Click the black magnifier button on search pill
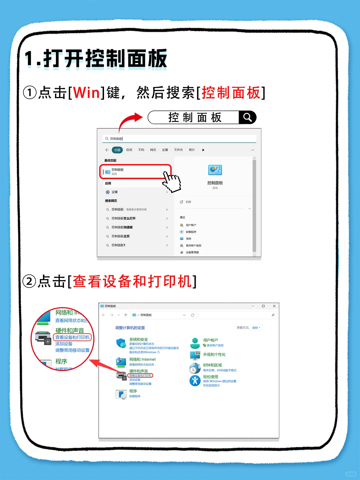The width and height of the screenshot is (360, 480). pyautogui.click(x=247, y=117)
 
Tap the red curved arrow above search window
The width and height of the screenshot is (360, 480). pyautogui.click(x=130, y=121)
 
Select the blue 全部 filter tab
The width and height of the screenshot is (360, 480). pyautogui.click(x=117, y=150)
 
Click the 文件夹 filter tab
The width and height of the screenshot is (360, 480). pyautogui.click(x=178, y=150)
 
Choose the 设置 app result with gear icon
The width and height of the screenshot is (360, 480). pyautogui.click(x=115, y=192)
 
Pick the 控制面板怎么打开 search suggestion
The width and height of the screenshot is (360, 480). pyautogui.click(x=123, y=218)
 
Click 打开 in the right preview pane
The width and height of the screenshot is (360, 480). pyautogui.click(x=188, y=202)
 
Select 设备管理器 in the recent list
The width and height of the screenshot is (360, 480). pyautogui.click(x=192, y=253)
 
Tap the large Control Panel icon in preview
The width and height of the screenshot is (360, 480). pyautogui.click(x=215, y=170)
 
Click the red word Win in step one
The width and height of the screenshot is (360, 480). pyautogui.click(x=86, y=93)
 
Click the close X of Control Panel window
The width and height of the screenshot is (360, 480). pyautogui.click(x=274, y=306)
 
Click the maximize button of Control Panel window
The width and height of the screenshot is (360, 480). pyautogui.click(x=263, y=306)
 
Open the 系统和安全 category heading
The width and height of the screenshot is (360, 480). pyautogui.click(x=138, y=339)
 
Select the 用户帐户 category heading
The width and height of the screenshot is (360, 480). pyautogui.click(x=210, y=340)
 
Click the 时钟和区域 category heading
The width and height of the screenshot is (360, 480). pyautogui.click(x=212, y=365)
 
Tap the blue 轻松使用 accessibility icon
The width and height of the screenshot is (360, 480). pyautogui.click(x=195, y=381)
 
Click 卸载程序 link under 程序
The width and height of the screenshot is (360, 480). pyautogui.click(x=135, y=396)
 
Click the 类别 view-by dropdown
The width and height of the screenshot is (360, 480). pyautogui.click(x=256, y=328)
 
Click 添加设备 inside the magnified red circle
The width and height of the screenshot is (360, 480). pyautogui.click(x=64, y=344)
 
